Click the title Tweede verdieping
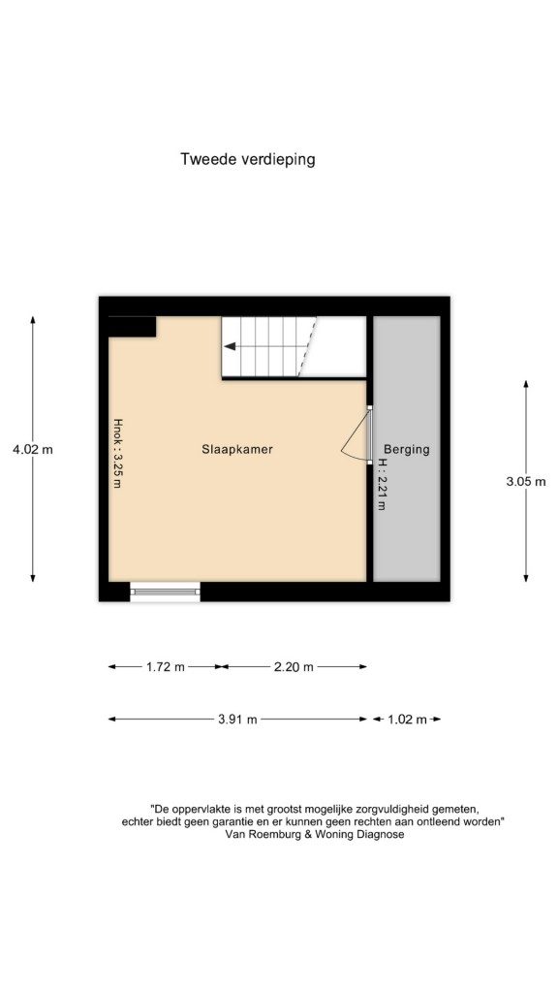[247, 159]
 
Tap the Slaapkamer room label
[237, 450]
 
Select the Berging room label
[406, 450]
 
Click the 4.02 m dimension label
[33, 450]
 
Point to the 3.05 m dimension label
[526, 481]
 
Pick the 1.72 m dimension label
[166, 667]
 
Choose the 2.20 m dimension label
[294, 667]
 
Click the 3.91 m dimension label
[237, 720]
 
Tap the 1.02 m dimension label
[408, 720]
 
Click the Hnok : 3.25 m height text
[117, 452]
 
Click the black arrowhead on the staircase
[230, 346]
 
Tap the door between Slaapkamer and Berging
[368, 435]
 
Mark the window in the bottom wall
[165, 592]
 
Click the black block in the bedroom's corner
[132, 326]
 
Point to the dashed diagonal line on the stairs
[307, 346]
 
